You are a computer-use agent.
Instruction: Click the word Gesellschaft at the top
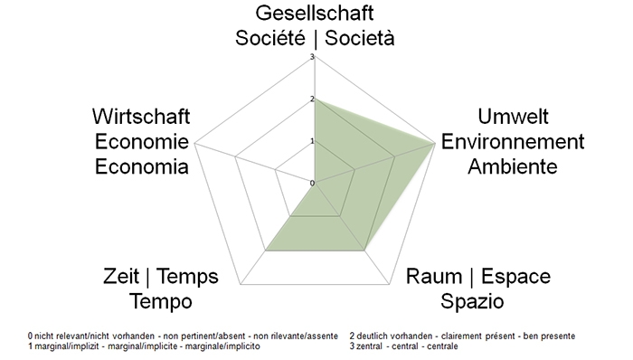click(x=314, y=14)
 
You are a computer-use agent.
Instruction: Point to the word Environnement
click(x=512, y=142)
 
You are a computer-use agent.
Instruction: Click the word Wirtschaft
click(x=141, y=118)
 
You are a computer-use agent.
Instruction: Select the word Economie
click(x=141, y=142)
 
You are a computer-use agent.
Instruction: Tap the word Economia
click(x=141, y=166)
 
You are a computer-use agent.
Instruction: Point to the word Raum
click(x=439, y=277)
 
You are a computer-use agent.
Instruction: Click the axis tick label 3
click(x=311, y=58)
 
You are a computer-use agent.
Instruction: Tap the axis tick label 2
click(x=311, y=99)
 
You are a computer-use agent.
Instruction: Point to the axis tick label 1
click(x=311, y=141)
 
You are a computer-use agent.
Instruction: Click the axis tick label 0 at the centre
click(x=312, y=183)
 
